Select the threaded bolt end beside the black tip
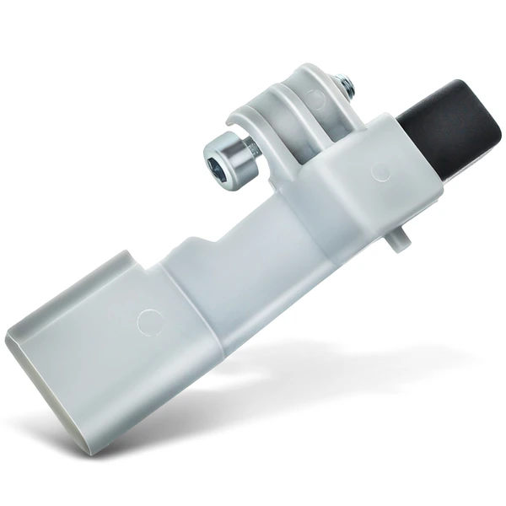pyautogui.click(x=345, y=83)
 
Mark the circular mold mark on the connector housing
pyautogui.click(x=149, y=321)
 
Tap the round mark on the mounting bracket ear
pyautogui.click(x=316, y=100)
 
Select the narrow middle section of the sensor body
pyautogui.click(x=245, y=253)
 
